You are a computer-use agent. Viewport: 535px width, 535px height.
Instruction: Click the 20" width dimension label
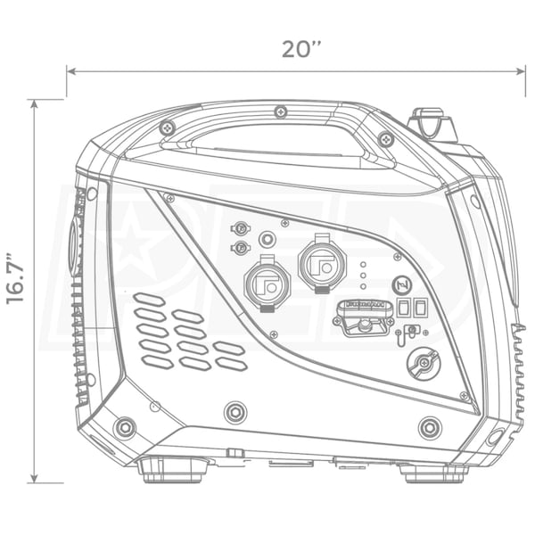coord(301,49)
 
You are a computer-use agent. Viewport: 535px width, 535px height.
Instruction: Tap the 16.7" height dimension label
coord(16,278)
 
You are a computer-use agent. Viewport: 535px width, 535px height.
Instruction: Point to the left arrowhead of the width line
coord(71,71)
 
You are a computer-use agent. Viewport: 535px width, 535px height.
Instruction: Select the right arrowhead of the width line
coord(521,71)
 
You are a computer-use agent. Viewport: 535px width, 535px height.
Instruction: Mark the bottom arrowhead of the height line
coord(34,478)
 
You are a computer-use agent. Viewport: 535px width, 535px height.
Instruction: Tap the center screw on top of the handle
coord(281,111)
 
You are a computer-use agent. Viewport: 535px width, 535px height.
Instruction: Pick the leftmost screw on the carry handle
coord(168,128)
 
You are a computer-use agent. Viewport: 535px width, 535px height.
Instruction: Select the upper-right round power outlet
coord(322,263)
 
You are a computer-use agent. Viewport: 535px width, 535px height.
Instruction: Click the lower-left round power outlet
coord(267,284)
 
